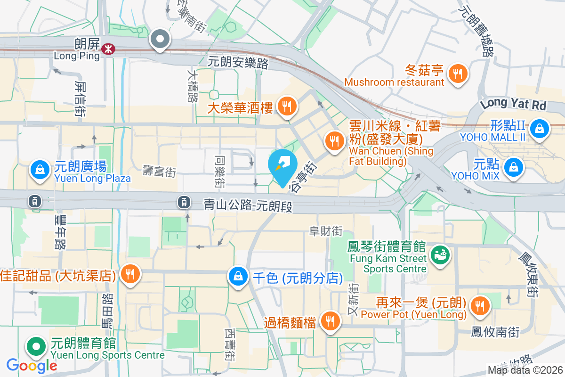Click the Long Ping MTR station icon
tap(109, 48)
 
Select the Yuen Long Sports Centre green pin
tap(36, 347)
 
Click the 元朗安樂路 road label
tap(238, 62)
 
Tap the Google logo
tap(32, 365)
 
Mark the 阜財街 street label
tap(325, 231)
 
